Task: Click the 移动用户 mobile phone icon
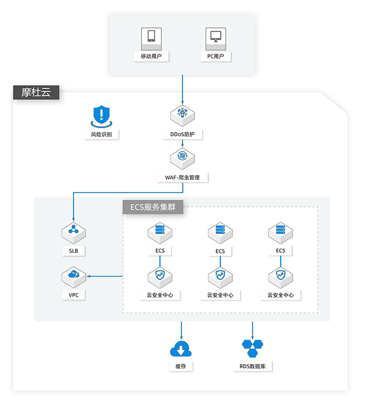tap(151, 39)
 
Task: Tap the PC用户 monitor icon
tap(216, 39)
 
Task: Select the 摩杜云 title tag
tap(36, 92)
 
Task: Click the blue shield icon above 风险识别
tap(101, 116)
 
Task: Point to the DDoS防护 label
tap(182, 135)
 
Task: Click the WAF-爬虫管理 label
tap(182, 178)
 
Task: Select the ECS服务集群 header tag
tap(153, 207)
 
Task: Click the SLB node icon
tap(74, 233)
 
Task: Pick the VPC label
tap(74, 295)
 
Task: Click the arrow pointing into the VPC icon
tap(105, 276)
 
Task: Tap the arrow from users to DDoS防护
tap(182, 90)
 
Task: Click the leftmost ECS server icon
tap(160, 233)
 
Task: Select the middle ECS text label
tap(220, 251)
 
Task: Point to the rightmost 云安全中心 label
tap(281, 295)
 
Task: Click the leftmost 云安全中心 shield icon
tap(160, 278)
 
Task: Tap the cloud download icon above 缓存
tap(181, 348)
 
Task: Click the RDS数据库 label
tap(253, 366)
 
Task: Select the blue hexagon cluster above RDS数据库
tap(252, 348)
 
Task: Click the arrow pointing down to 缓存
tap(181, 331)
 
